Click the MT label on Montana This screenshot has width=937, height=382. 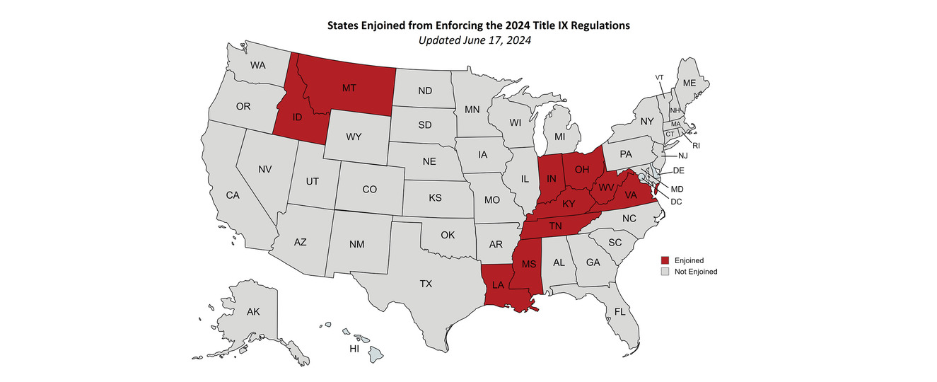(x=349, y=88)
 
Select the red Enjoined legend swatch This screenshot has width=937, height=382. (x=664, y=260)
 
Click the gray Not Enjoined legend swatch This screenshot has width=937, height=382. (x=664, y=271)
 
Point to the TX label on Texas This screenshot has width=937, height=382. (x=426, y=284)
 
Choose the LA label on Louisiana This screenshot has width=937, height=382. (x=499, y=284)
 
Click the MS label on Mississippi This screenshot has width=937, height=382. (x=529, y=264)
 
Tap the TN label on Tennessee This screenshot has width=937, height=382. (x=555, y=226)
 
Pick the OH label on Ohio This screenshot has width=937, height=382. (x=581, y=169)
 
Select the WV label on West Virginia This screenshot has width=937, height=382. (x=606, y=187)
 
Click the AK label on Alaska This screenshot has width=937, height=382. (x=253, y=311)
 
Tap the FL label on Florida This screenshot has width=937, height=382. (x=620, y=311)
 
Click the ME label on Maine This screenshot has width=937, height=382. (x=689, y=83)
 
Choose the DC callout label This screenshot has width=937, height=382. (x=675, y=202)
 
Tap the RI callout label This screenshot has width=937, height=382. (x=696, y=145)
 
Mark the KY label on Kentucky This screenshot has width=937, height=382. (x=569, y=204)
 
